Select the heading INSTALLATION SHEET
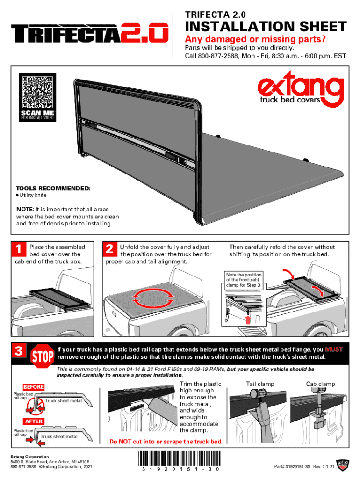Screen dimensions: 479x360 pyautogui.click(x=266, y=27)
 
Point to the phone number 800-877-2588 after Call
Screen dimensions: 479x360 pyautogui.click(x=217, y=56)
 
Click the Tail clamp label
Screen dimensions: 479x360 pyautogui.click(x=260, y=384)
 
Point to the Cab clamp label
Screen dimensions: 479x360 pyautogui.click(x=320, y=384)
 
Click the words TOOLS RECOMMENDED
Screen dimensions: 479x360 pyautogui.click(x=53, y=188)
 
